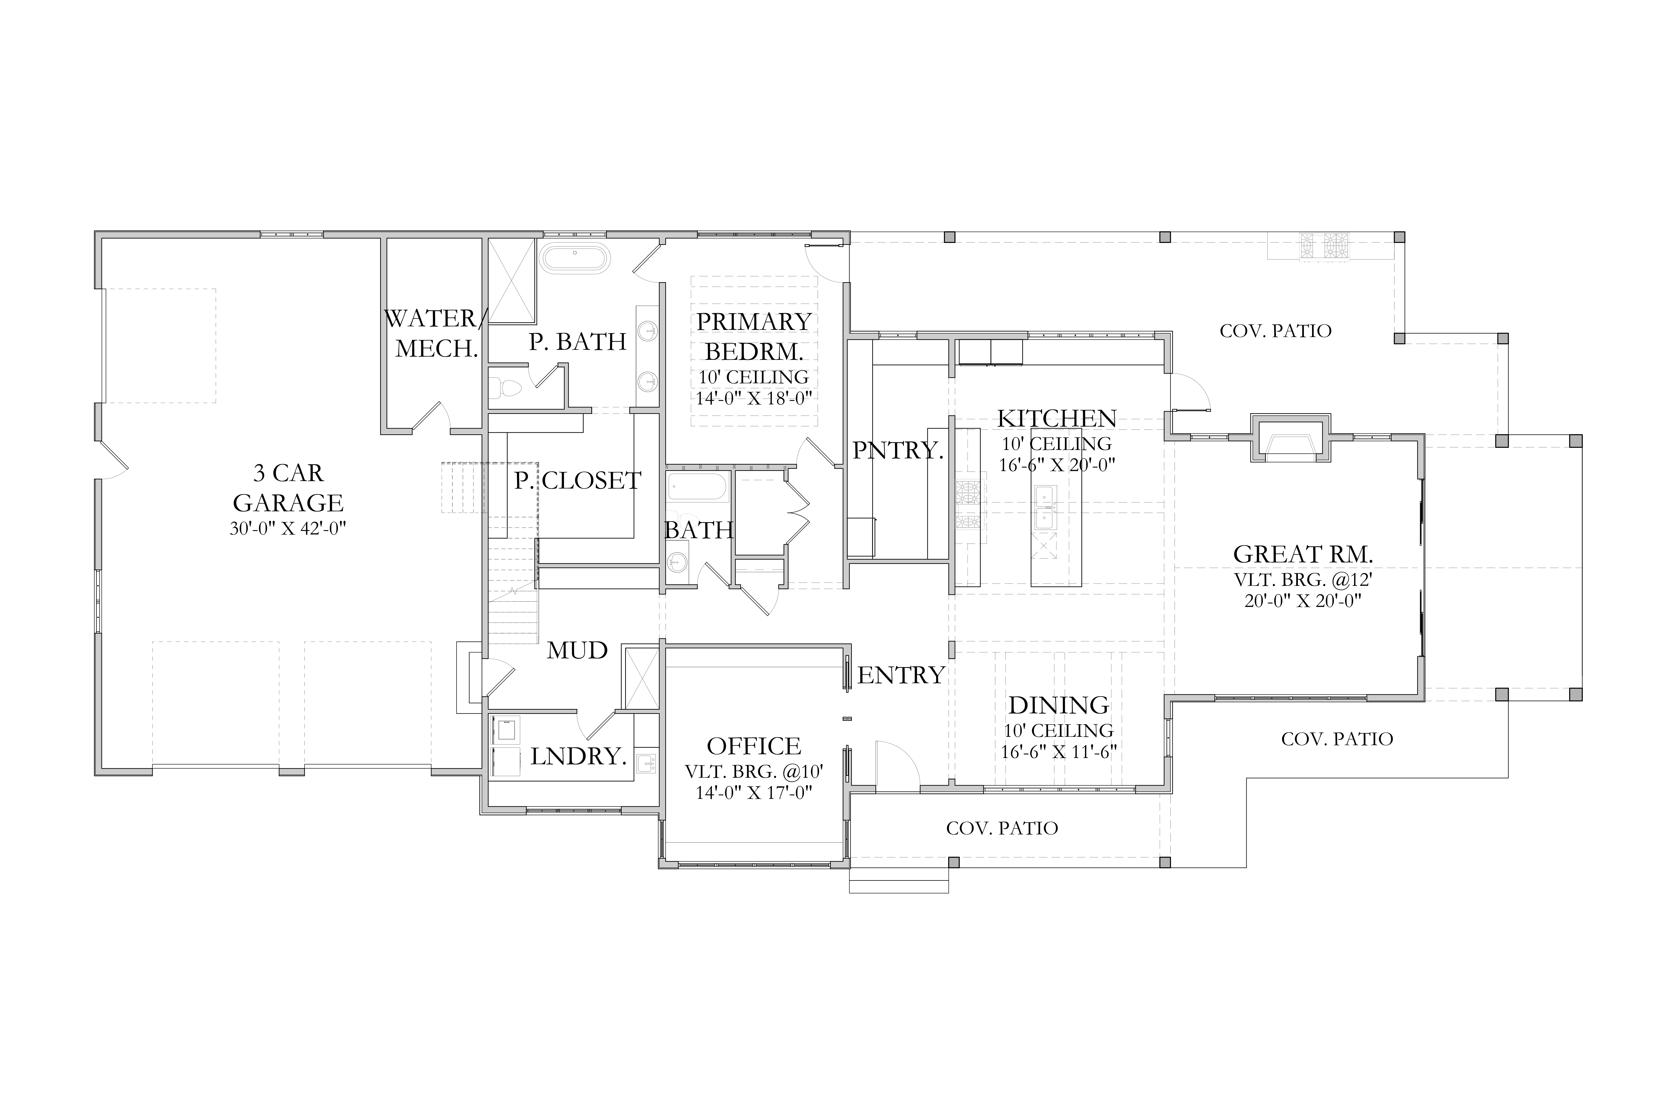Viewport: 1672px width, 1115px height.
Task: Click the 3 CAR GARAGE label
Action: (288, 488)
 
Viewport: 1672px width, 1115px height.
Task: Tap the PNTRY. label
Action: (898, 450)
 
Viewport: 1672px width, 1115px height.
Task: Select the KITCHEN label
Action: (1056, 418)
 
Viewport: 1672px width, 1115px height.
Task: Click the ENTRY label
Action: (901, 675)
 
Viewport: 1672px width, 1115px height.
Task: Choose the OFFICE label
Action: (754, 746)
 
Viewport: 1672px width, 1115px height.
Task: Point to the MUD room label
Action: (577, 650)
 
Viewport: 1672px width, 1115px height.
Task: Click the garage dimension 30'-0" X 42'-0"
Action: (287, 528)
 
